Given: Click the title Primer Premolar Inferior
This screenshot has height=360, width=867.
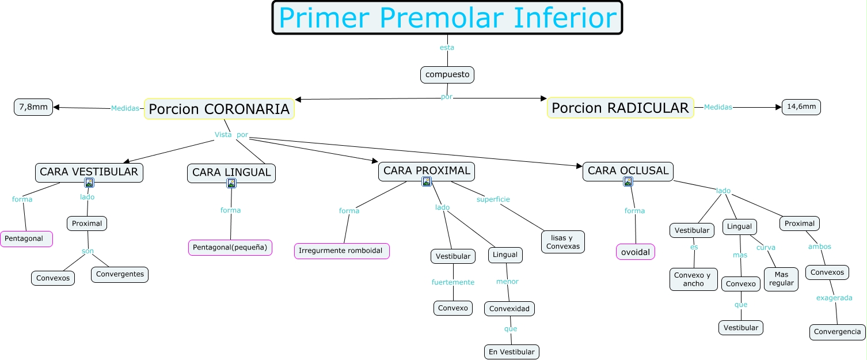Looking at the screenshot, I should [447, 18].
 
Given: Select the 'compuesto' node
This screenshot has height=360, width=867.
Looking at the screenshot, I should [447, 74].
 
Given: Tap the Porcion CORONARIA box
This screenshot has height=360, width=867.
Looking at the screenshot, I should [219, 109].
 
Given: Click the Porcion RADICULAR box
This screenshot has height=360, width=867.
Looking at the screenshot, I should [620, 108].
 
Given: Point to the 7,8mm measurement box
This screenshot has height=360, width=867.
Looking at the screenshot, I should [33, 107].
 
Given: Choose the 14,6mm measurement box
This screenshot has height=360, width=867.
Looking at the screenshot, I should [801, 107].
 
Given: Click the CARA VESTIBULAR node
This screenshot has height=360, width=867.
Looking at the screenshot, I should [89, 172].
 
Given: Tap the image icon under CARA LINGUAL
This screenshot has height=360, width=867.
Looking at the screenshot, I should [231, 183].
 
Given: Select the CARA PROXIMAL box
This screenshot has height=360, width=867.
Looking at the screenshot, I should [427, 170].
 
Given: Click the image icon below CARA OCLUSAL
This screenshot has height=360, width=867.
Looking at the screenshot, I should [628, 181].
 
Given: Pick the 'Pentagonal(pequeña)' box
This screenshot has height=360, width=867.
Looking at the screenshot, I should [230, 247].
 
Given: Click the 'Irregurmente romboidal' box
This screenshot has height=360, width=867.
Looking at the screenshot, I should [341, 251].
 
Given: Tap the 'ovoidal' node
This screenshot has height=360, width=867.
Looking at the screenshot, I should [636, 252].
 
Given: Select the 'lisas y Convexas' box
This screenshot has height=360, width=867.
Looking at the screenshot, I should [563, 242].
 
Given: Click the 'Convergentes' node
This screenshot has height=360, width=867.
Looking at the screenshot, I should [120, 274].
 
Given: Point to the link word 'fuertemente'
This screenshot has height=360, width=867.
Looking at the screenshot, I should [453, 282].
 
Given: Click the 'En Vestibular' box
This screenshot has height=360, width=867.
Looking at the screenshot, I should [511, 351].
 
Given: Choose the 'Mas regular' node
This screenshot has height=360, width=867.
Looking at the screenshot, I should [781, 279].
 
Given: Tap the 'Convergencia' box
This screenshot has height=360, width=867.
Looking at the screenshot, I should [838, 332].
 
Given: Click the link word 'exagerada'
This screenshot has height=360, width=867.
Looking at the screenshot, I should [834, 298].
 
